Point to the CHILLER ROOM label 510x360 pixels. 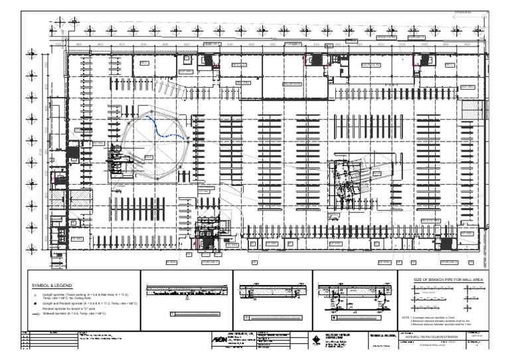[293, 84]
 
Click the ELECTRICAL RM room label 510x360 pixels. [371, 66]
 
